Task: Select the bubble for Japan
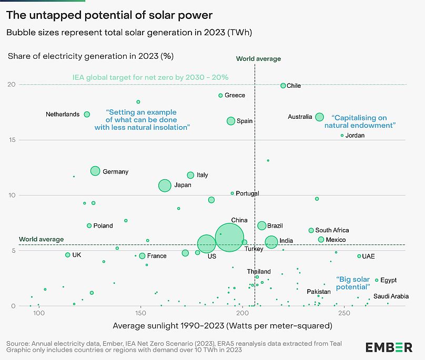tap(165, 185)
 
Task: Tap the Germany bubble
tap(95, 171)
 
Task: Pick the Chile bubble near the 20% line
tap(283, 85)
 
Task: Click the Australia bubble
tap(320, 117)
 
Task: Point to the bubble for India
tap(271, 242)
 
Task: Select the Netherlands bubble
tap(87, 114)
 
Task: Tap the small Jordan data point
tap(342, 135)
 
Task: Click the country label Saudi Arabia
tap(391, 296)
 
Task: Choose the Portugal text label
tap(247, 193)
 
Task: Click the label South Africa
tap(332, 230)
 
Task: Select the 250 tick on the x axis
tap(344, 314)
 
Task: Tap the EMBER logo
tap(389, 347)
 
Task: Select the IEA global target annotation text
tap(150, 77)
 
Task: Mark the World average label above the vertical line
tap(258, 59)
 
